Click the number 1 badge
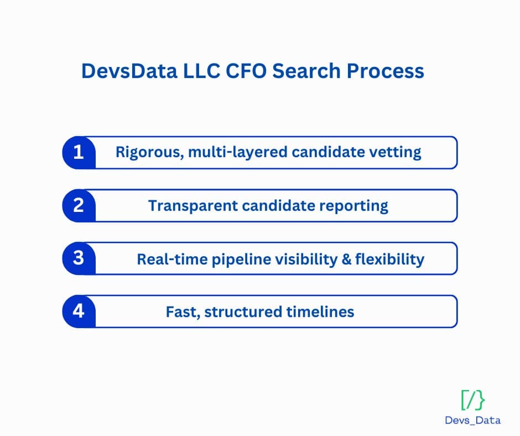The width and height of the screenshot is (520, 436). point(79,152)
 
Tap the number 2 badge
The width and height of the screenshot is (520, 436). point(79,205)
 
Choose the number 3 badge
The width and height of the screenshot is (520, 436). point(79,258)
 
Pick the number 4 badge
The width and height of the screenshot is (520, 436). point(79,312)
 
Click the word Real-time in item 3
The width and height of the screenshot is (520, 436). point(169,259)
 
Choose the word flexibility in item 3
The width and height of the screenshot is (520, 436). point(389,259)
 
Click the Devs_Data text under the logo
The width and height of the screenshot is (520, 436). point(472,420)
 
